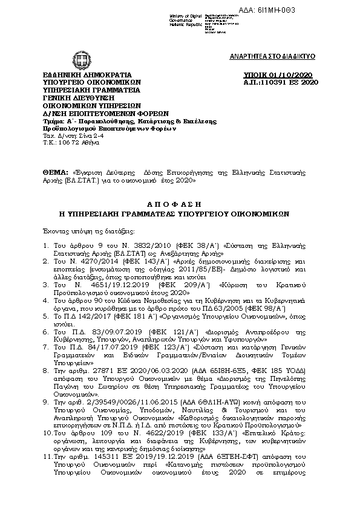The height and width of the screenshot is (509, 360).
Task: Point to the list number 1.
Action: [47, 246]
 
